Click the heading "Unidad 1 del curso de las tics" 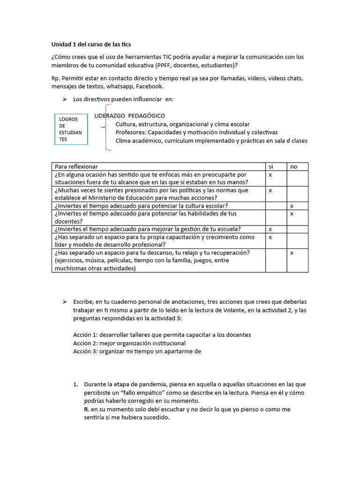click(91, 45)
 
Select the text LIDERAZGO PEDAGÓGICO click(129, 116)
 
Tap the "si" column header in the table click(270, 167)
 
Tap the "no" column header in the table click(293, 167)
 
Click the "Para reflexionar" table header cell click(76, 167)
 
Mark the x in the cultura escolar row click(292, 206)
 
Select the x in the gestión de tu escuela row click(270, 229)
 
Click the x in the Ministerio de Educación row click(270, 191)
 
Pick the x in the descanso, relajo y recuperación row click(292, 253)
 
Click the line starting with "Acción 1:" click(162, 335)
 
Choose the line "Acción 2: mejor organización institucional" click(129, 343)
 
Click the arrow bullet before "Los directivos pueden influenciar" click(65, 99)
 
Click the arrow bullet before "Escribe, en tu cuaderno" click(65, 301)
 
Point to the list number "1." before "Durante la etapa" click(75, 384)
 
